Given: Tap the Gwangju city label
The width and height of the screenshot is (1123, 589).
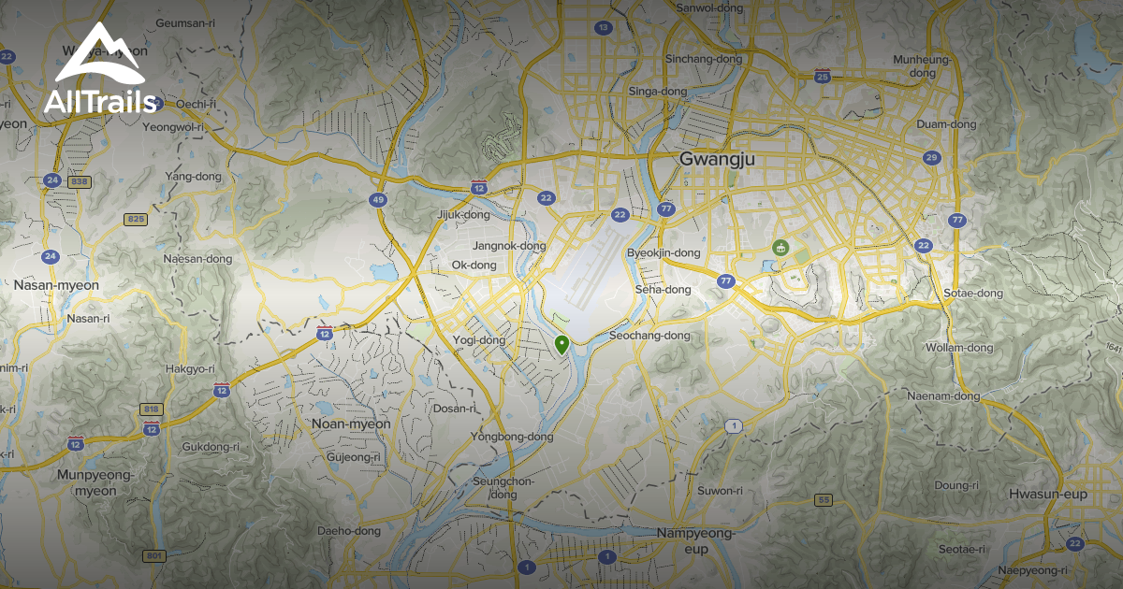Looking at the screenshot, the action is pos(718,160).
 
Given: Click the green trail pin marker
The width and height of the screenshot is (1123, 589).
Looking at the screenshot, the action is pos(561,345).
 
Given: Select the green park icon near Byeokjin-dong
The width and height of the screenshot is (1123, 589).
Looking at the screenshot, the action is pos(779,247).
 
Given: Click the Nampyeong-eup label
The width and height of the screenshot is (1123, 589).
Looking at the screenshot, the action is pos(695,540).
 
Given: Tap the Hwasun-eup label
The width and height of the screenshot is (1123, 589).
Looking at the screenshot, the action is pos(1048,494).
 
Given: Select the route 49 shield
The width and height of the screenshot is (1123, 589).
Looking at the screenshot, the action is pos(378,199).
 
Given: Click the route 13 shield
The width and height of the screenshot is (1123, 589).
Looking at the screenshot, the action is pos(603,28).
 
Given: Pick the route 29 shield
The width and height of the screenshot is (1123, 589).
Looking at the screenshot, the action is pos(930,157).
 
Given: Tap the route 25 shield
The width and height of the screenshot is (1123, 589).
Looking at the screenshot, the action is pos(823,77).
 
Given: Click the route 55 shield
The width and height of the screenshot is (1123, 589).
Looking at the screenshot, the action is pos(824,500).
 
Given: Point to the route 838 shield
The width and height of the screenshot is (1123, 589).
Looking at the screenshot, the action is pos(79,180).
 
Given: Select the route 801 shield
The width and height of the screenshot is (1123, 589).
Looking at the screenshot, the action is pos(154,556).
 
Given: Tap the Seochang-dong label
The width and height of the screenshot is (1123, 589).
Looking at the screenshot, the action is pos(649,336).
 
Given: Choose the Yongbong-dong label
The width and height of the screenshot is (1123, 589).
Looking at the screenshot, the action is pos(512,437).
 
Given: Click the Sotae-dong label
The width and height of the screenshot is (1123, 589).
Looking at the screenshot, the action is pos(973,294).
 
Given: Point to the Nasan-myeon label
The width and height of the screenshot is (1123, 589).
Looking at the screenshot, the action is pos(57,284).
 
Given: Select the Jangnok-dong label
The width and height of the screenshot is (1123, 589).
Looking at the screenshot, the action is pos(509,246).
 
